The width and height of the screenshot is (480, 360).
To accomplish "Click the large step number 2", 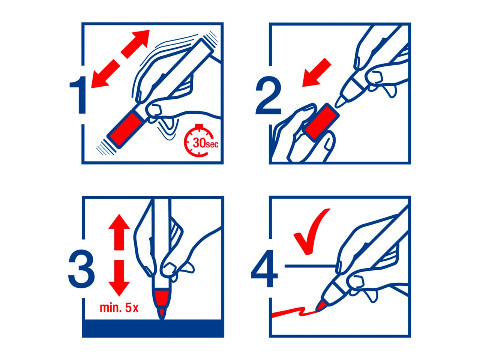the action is click(268, 95).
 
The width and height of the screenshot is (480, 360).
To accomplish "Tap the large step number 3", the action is click(81, 269).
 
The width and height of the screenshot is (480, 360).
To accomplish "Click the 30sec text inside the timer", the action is click(205, 143).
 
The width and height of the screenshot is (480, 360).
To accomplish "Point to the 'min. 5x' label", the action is click(119, 308).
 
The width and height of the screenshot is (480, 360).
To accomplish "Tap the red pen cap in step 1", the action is click(126, 129).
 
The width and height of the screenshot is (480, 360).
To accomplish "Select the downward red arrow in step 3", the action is click(119, 278).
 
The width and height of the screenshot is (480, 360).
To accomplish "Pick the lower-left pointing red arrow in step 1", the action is click(105, 75).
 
